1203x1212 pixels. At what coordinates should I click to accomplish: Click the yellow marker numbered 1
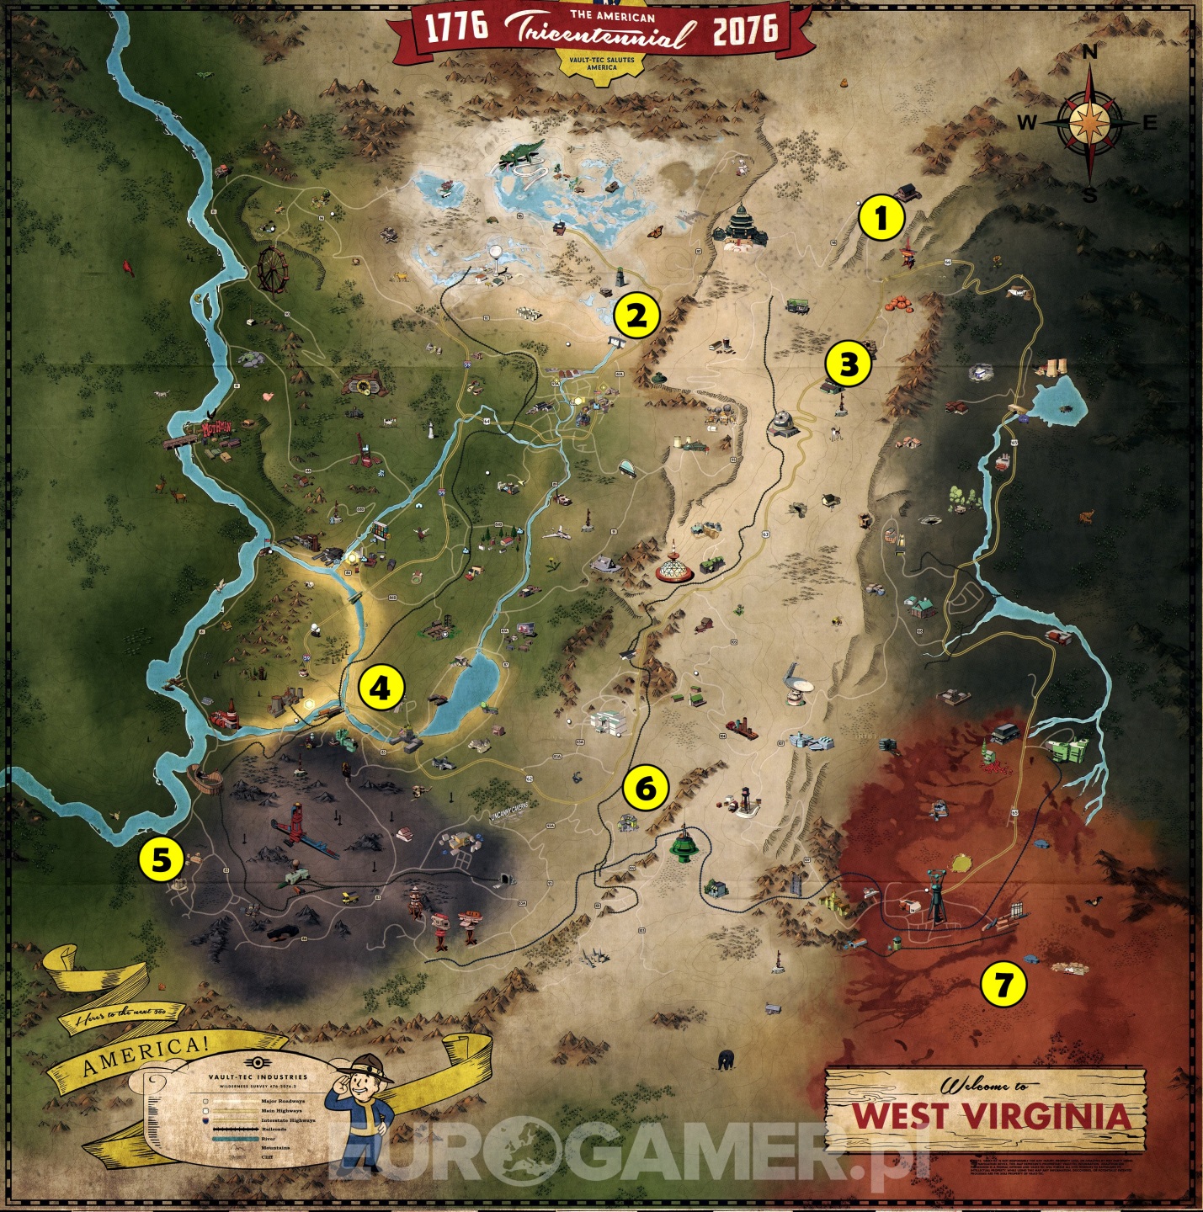click(x=881, y=219)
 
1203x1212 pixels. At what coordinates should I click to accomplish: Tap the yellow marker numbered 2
click(x=636, y=316)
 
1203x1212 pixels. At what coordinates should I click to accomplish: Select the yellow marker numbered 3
click(x=848, y=364)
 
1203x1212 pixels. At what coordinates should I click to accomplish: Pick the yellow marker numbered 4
click(x=380, y=688)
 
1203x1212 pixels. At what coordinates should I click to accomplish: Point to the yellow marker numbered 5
click(x=161, y=859)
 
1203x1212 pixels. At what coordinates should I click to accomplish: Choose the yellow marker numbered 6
click(x=645, y=789)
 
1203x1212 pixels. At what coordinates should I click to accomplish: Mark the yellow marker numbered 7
click(x=1003, y=983)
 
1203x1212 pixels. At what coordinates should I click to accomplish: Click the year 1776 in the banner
click(x=456, y=27)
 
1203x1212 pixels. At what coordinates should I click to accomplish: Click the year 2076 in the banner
click(x=745, y=30)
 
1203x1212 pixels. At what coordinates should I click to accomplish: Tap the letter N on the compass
click(x=1089, y=52)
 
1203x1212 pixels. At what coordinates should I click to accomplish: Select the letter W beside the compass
click(x=1027, y=123)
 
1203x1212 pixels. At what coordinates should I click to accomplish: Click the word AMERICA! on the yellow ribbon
click(x=145, y=1057)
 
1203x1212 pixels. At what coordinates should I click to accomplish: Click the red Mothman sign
click(x=216, y=428)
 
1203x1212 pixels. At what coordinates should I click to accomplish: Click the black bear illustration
click(x=725, y=1058)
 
